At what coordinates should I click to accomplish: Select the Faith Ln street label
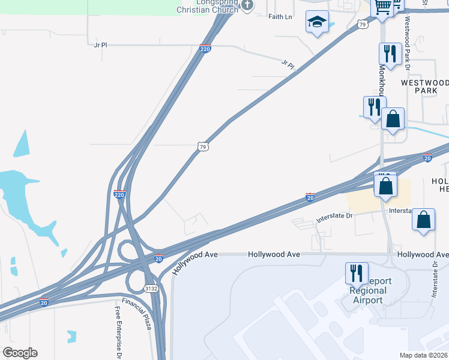[280, 17]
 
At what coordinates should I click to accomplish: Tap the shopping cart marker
[382, 7]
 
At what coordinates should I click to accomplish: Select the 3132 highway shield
[151, 289]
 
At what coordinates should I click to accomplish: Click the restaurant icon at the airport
[357, 273]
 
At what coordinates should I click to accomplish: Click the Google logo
[20, 353]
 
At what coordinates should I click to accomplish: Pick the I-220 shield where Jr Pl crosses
[205, 48]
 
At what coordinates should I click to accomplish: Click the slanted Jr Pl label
[288, 64]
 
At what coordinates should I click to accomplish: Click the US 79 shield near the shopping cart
[361, 24]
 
